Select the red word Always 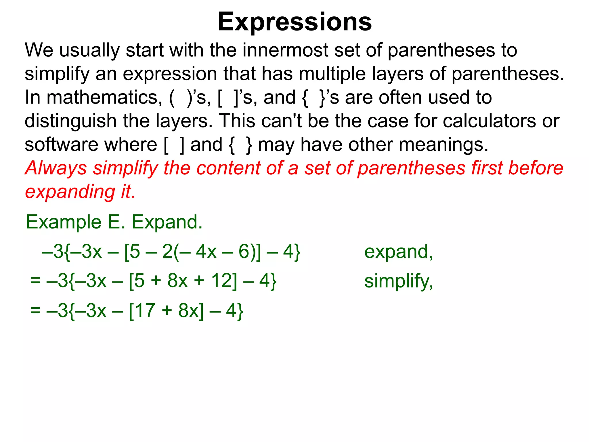[x=56, y=168]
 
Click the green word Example [x=64, y=222]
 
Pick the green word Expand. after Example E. [x=167, y=222]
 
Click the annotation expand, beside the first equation [x=399, y=252]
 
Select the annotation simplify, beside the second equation [x=398, y=281]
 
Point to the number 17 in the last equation [x=145, y=310]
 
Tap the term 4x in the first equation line [x=206, y=252]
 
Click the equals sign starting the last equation [x=35, y=310]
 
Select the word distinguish [x=70, y=121]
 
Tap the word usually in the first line [x=89, y=50]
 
